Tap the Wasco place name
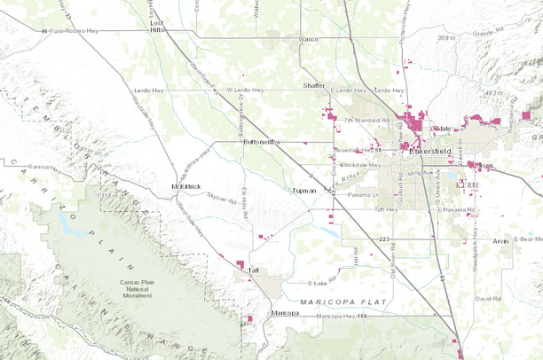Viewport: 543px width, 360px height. pos(308,40)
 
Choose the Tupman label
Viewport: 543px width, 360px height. pos(303,191)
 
